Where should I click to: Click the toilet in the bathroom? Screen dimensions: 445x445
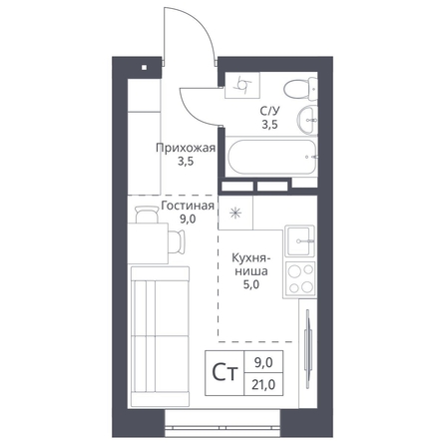tap(301, 89)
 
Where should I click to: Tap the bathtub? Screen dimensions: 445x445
tap(271, 157)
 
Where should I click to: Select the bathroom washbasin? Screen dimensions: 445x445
tap(306, 120)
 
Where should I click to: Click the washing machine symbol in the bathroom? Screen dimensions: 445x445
tap(241, 85)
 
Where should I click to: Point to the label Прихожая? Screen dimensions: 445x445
tap(186, 148)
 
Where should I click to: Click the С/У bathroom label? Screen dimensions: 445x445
tap(269, 111)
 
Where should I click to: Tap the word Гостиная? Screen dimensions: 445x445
tap(188, 206)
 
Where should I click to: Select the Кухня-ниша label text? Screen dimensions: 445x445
tap(251, 264)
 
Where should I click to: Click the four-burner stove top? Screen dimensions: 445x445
tap(300, 278)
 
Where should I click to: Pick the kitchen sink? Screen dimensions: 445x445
tap(300, 240)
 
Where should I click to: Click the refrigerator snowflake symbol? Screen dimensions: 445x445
tap(235, 213)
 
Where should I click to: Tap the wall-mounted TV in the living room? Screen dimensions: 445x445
tap(308, 349)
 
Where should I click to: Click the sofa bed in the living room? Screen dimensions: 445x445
tap(160, 336)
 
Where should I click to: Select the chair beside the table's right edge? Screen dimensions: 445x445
tap(176, 241)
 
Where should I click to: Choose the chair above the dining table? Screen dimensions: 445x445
tap(147, 215)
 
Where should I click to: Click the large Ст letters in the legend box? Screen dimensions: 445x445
tap(225, 373)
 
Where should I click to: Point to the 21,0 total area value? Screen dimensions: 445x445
tap(263, 385)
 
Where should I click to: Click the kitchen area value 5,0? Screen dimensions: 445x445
tap(251, 285)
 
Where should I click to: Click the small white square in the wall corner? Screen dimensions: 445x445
tap(144, 68)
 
